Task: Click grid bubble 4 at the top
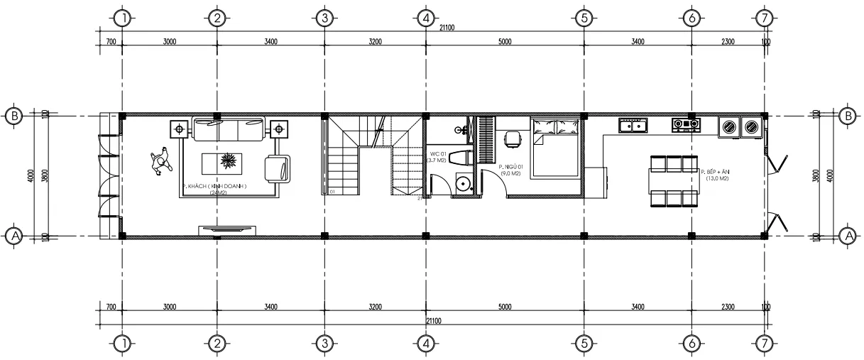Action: (x=425, y=18)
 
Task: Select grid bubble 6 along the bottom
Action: (x=690, y=344)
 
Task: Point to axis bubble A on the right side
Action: (x=847, y=236)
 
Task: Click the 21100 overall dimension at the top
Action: (x=447, y=28)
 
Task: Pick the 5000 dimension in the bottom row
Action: (x=504, y=307)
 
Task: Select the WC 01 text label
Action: (x=437, y=154)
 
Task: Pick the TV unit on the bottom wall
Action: (x=227, y=229)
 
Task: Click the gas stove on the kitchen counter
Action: (x=686, y=125)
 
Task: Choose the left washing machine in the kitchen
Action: (x=728, y=127)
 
